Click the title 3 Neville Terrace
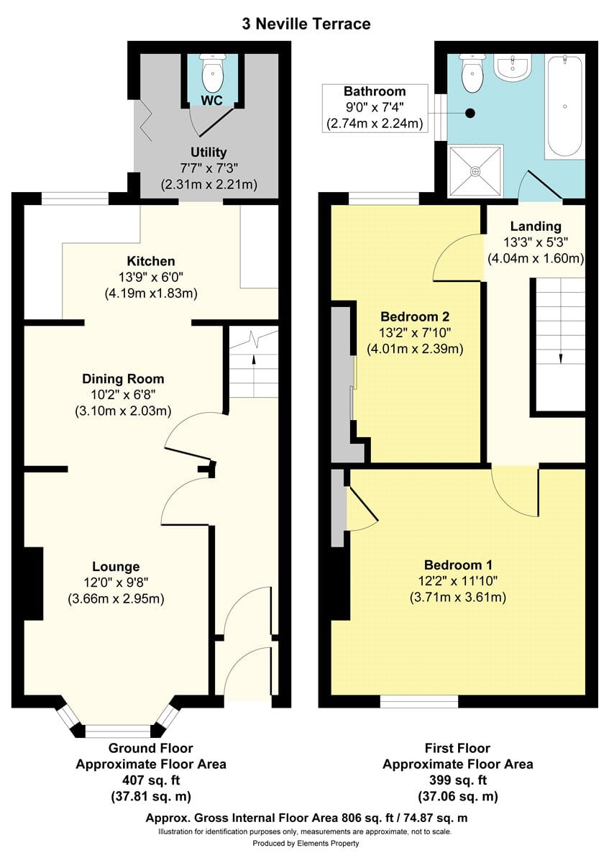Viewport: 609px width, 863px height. [306, 24]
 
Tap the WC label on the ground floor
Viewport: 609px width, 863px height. [211, 101]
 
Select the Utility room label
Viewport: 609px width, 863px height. [209, 152]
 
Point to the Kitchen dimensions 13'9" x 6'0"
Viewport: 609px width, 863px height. [151, 278]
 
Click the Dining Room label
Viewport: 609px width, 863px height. [123, 379]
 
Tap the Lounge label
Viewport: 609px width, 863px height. [116, 567]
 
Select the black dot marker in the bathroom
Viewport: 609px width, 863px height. [470, 114]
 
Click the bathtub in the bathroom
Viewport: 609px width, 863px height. [564, 105]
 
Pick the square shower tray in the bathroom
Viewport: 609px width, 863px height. [476, 170]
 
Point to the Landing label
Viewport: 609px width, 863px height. [536, 226]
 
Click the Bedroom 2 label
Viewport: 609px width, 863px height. [415, 316]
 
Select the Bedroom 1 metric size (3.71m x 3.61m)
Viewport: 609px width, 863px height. [457, 597]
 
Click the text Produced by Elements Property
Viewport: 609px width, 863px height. [306, 844]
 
